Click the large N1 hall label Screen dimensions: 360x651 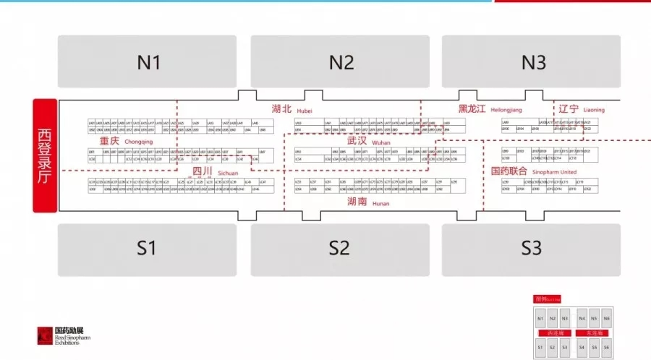point(148,63)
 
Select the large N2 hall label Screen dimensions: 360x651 point(341,63)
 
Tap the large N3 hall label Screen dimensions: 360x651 point(533,63)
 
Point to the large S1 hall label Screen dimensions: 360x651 point(147,248)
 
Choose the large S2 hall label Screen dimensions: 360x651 point(339,248)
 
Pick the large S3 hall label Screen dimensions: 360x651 point(532,248)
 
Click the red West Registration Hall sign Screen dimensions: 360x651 point(45,155)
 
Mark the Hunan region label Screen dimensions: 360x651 point(367,203)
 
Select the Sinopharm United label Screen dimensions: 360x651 point(533,172)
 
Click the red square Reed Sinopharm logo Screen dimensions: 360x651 point(46,336)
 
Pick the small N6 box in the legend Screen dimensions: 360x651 point(606,318)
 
